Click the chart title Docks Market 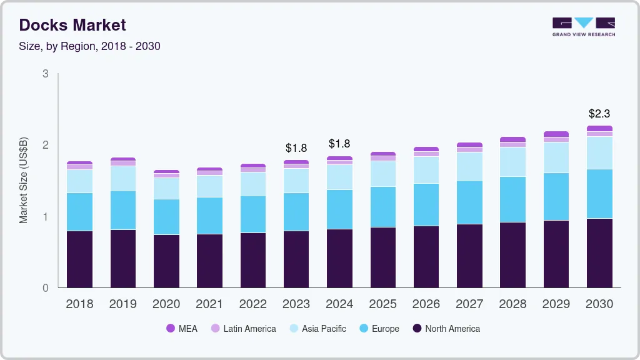click(72, 25)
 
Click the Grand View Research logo click(583, 27)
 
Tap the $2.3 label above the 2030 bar click(599, 114)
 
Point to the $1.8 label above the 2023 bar click(296, 148)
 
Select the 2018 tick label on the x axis click(79, 304)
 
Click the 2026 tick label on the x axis click(426, 304)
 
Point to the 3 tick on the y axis click(46, 74)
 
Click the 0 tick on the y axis click(46, 288)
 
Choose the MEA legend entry click(182, 328)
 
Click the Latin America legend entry click(243, 328)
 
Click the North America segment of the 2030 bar click(599, 253)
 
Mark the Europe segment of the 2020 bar click(166, 217)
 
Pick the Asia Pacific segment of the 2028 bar click(513, 162)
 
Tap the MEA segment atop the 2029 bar click(556, 134)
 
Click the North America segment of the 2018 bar click(79, 259)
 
